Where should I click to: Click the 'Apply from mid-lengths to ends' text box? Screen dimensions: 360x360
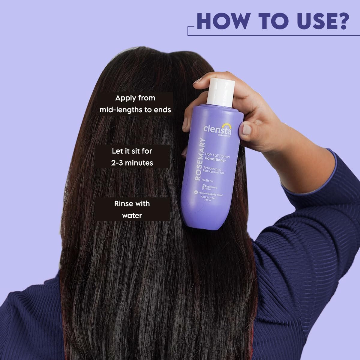click(x=135, y=104)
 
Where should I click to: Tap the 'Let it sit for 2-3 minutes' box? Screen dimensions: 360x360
click(x=132, y=157)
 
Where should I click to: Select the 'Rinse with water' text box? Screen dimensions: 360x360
click(x=132, y=209)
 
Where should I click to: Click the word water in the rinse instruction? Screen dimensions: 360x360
click(x=132, y=215)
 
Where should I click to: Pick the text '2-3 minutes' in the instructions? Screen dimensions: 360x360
click(x=132, y=163)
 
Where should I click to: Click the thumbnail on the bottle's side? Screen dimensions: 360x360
click(x=247, y=129)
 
